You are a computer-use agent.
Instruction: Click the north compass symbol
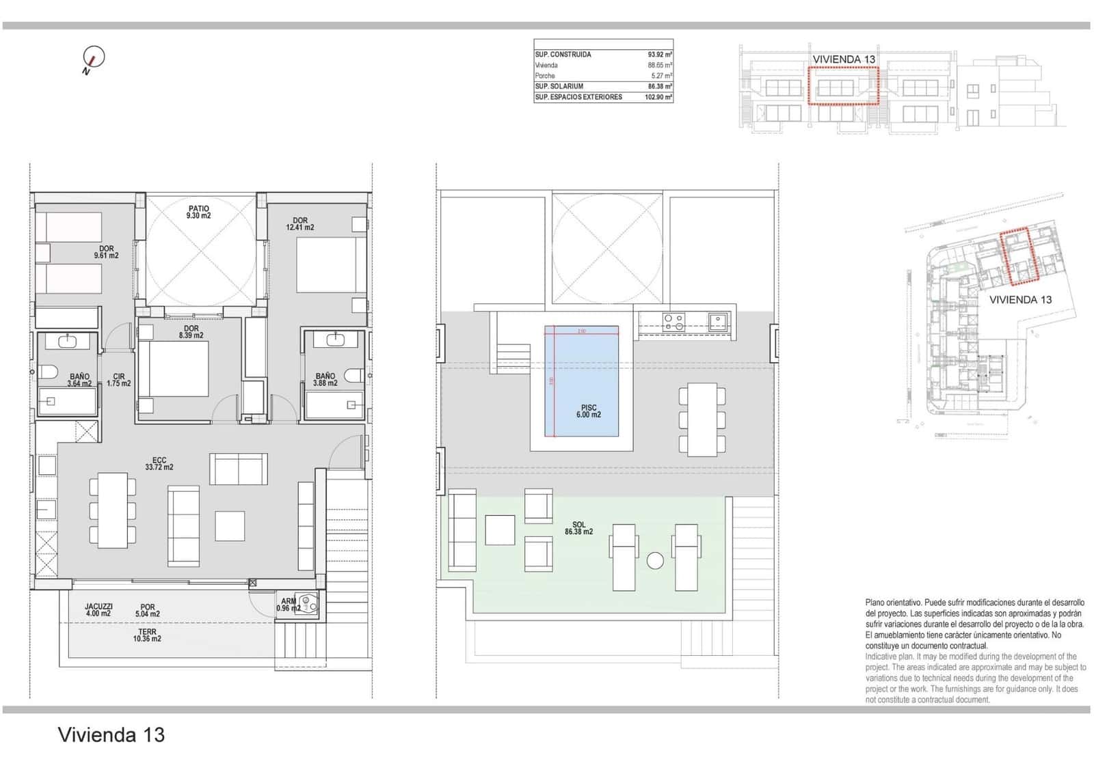tap(93, 58)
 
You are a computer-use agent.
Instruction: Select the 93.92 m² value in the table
tap(659, 55)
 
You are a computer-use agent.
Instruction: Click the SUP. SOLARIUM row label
tap(559, 87)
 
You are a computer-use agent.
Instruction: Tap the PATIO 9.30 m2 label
tap(199, 212)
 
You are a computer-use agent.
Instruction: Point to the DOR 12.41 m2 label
tap(300, 224)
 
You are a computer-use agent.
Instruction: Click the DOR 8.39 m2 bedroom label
tap(191, 332)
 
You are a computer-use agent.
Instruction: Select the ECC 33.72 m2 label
tap(159, 464)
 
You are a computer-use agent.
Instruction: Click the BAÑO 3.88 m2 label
tap(325, 379)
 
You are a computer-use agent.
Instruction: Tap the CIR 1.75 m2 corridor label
tap(119, 380)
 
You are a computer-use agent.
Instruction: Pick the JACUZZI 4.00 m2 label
tap(98, 609)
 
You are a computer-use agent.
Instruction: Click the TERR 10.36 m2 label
tap(147, 635)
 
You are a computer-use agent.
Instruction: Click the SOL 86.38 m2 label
tap(578, 528)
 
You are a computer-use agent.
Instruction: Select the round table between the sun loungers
tap(655, 561)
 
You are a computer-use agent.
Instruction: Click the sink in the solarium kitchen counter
tap(717, 320)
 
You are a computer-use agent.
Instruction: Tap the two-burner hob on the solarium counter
tap(673, 321)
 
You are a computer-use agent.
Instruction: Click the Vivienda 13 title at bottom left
tap(111, 735)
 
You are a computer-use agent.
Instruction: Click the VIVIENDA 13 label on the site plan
tap(1020, 299)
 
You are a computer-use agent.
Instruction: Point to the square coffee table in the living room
tap(230, 526)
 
